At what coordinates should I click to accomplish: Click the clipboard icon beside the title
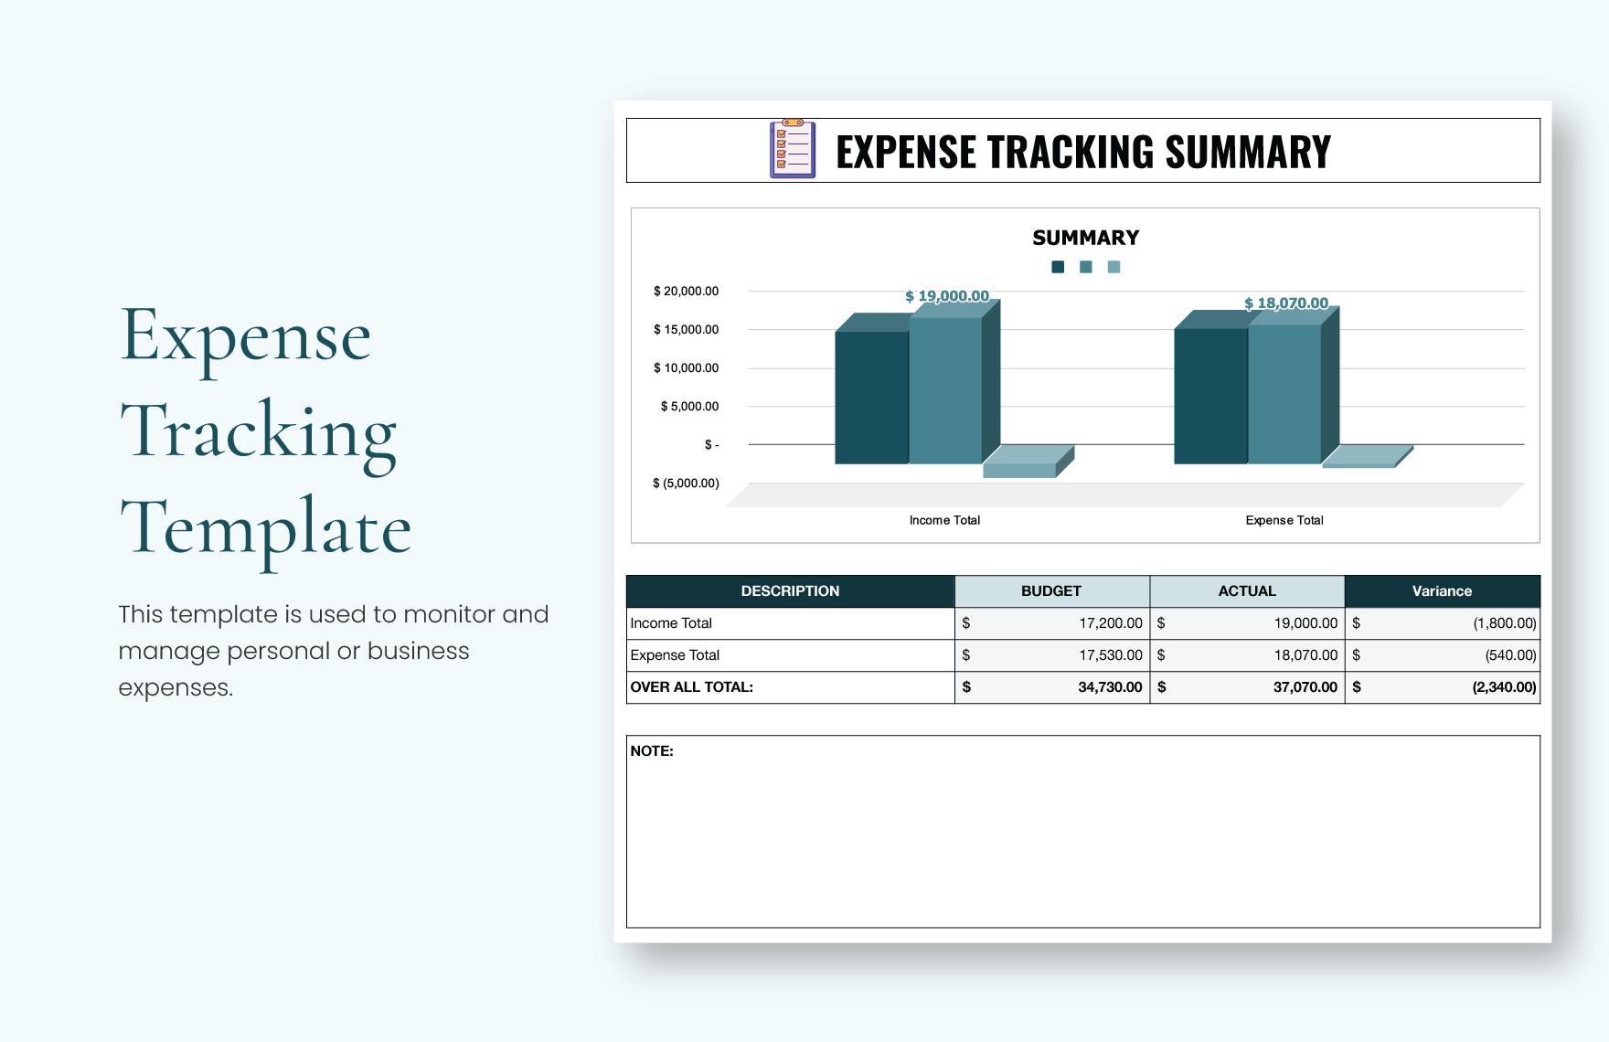tap(792, 149)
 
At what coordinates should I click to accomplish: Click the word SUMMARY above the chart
tap(1085, 238)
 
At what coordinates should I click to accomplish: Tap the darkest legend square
tap(1058, 267)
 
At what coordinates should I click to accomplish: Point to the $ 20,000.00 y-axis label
tap(686, 292)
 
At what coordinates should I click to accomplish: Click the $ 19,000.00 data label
tap(947, 296)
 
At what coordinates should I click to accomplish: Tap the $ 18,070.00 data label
tap(1286, 303)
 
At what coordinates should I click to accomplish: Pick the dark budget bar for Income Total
tap(871, 397)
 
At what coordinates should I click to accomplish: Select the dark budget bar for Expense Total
tap(1210, 395)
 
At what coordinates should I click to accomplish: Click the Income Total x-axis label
tap(944, 520)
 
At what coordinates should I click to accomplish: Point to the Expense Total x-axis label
tap(1284, 520)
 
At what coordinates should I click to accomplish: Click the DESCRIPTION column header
tap(790, 591)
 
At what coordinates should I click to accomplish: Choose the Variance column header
tap(1442, 591)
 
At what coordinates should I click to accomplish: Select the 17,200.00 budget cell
tap(1111, 623)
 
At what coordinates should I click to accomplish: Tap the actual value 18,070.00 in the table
tap(1305, 655)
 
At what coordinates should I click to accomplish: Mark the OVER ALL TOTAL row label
tap(692, 687)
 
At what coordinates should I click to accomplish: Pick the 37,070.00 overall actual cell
tap(1305, 687)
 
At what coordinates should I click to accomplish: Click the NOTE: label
tap(652, 751)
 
